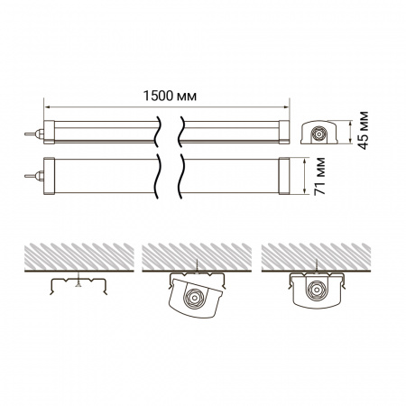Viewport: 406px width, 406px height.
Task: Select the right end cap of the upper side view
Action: pyautogui.click(x=282, y=132)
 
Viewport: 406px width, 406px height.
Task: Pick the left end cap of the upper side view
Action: pyautogui.click(x=50, y=132)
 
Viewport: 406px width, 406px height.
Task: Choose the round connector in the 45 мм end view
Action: pyautogui.click(x=318, y=134)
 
